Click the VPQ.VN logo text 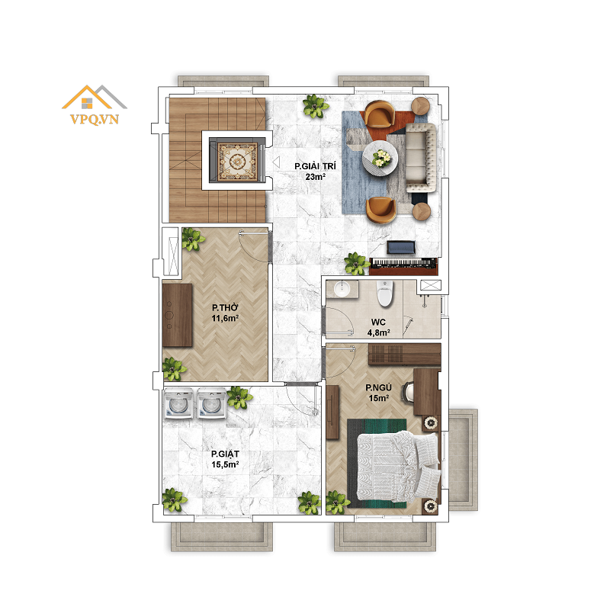click(95, 119)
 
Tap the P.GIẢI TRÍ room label click(315, 166)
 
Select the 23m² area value click(315, 177)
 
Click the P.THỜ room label click(225, 307)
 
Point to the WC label click(378, 322)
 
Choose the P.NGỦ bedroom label click(378, 387)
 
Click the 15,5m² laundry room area click(225, 464)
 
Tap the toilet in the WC click(385, 294)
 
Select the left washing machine click(178, 403)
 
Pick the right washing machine click(212, 403)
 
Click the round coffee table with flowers click(380, 159)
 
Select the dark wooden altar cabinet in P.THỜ click(178, 315)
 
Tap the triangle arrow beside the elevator click(276, 162)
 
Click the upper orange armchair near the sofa click(379, 114)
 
